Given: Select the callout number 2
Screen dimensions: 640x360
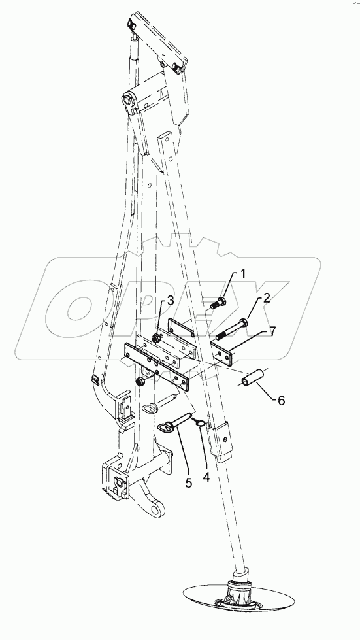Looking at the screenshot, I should pyautogui.click(x=267, y=301).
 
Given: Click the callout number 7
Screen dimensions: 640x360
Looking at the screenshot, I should pyautogui.click(x=272, y=331).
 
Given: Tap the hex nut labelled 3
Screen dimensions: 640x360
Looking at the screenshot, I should pyautogui.click(x=157, y=338).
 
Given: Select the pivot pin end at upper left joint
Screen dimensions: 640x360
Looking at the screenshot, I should pyautogui.click(x=124, y=102).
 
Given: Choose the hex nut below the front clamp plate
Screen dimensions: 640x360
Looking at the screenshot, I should pyautogui.click(x=140, y=380).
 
